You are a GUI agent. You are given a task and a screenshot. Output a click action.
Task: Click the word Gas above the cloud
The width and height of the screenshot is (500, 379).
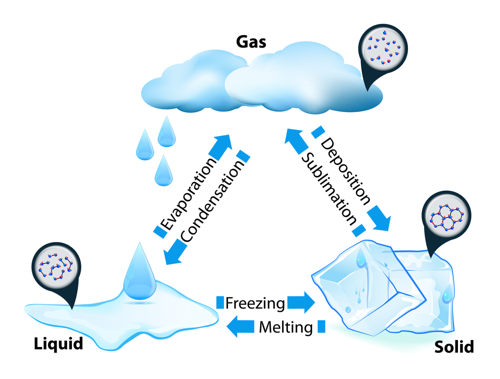[x=252, y=40]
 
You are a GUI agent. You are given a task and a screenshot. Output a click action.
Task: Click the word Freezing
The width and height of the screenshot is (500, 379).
[x=255, y=303]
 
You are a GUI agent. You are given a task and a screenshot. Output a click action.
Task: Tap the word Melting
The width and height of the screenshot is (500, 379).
[x=285, y=327]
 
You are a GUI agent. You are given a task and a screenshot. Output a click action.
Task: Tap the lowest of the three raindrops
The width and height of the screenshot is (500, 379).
[x=163, y=170]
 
